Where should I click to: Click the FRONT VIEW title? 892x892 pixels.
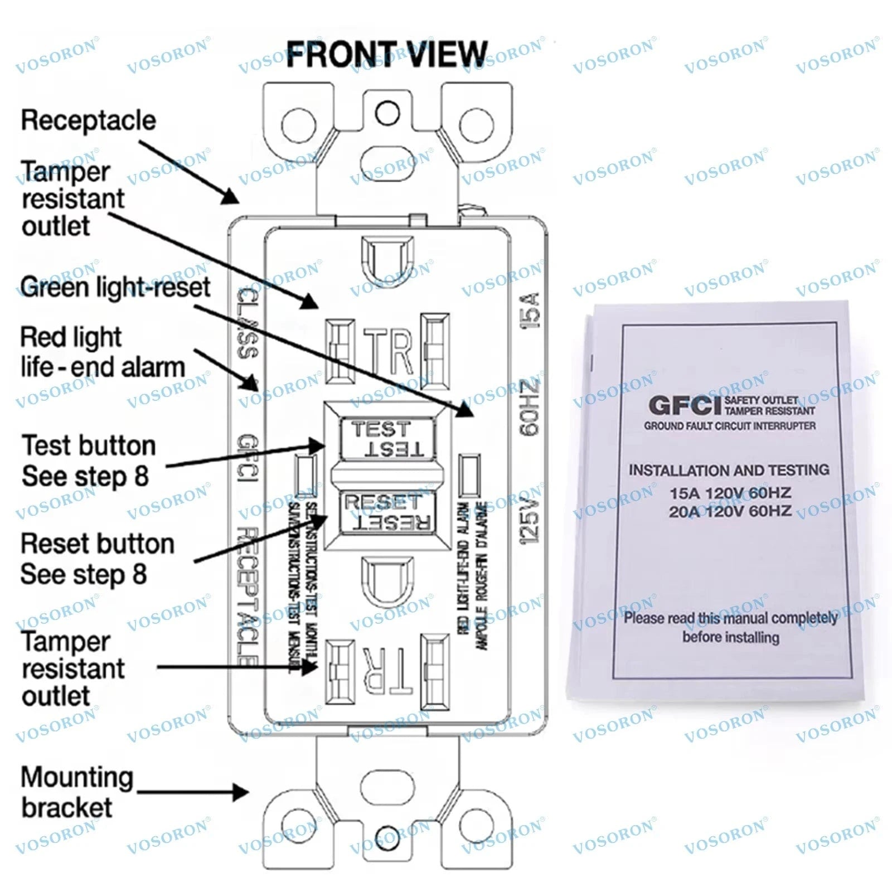(387, 54)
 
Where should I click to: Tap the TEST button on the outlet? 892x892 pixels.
(387, 439)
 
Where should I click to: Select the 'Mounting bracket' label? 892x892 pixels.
(77, 792)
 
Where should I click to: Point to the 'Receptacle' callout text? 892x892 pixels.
(88, 120)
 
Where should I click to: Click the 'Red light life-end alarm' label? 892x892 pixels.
(103, 352)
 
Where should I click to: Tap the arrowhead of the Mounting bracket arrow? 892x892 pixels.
(241, 792)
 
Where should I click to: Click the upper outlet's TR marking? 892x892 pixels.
(388, 351)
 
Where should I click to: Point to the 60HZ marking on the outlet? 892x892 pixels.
(530, 408)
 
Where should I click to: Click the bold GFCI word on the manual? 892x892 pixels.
(685, 405)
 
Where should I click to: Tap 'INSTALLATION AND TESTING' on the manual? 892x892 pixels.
(729, 470)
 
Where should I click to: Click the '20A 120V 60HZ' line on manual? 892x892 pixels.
(730, 511)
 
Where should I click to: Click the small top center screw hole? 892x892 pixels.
(387, 113)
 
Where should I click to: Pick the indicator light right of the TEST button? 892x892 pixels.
(468, 475)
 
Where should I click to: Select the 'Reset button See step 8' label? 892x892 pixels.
(98, 559)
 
